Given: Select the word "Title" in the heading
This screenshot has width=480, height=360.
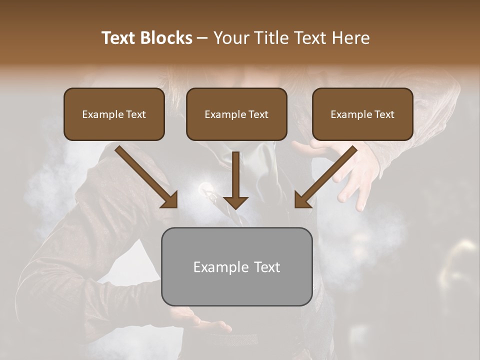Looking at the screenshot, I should click(272, 38).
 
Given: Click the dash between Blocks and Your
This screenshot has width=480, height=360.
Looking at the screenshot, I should click(202, 38).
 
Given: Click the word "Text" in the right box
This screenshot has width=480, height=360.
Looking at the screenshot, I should click(384, 114).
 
